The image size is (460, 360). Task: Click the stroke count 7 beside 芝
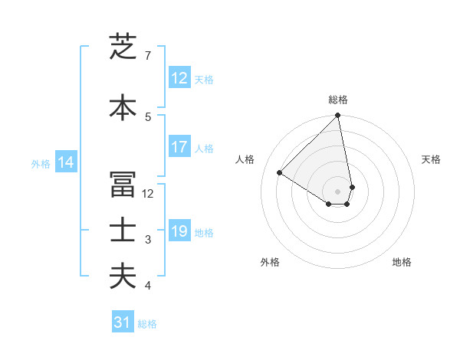[x=147, y=56]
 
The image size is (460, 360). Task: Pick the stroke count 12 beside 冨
[x=148, y=194]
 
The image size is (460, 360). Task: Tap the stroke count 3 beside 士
[x=148, y=240]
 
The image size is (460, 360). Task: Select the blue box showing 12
[x=179, y=78]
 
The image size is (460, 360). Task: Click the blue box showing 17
[x=179, y=147]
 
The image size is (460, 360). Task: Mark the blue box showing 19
[x=179, y=231]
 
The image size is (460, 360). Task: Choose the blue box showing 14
[x=65, y=162]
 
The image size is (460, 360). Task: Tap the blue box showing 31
[x=123, y=322]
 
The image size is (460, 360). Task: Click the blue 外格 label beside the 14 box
[x=41, y=163]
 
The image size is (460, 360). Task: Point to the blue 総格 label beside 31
[x=147, y=324]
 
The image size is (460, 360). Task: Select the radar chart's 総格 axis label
[x=338, y=100]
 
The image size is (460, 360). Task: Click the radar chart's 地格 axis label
[x=402, y=262]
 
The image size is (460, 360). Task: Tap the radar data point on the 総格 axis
[x=338, y=116]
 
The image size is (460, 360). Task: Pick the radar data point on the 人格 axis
[x=280, y=173]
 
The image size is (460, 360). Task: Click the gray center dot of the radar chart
[x=338, y=191]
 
